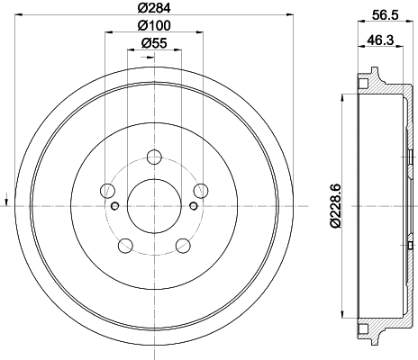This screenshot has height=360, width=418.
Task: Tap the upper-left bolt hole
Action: click(x=108, y=190)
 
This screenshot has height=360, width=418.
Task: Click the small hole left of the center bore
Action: click(x=114, y=205)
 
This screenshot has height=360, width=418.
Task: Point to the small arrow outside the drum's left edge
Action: click(x=6, y=198)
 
